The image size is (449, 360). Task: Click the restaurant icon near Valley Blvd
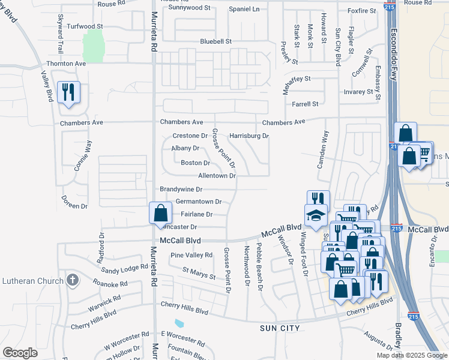68,92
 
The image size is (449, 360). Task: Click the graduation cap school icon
316,215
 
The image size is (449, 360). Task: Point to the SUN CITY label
280,328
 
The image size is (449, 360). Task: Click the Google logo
20,353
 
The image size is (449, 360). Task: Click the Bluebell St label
215,41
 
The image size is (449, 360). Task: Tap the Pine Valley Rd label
191,255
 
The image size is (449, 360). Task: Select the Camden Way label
323,150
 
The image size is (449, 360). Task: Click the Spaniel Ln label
244,9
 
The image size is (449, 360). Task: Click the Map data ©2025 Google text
411,355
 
